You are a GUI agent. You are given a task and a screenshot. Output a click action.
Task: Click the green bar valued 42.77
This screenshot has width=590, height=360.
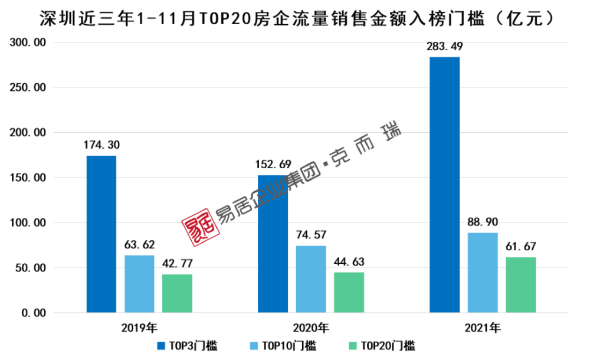click(x=178, y=293)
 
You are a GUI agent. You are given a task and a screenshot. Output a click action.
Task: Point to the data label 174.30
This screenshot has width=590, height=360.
click(x=101, y=145)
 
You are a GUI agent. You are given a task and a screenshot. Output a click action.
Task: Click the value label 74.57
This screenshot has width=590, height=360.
click(x=311, y=235)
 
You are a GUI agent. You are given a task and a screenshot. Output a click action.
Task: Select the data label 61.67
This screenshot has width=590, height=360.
click(x=521, y=247)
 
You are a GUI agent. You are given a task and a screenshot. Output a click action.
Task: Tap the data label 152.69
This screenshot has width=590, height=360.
click(x=273, y=165)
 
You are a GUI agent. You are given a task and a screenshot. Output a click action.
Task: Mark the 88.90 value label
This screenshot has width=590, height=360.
click(x=483, y=222)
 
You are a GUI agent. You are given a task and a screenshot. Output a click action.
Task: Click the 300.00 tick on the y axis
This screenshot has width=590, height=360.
click(x=28, y=42)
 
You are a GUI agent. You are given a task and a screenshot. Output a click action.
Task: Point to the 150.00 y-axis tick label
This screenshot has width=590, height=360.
click(x=28, y=178)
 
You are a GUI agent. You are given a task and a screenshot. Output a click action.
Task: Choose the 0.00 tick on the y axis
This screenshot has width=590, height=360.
click(x=32, y=313)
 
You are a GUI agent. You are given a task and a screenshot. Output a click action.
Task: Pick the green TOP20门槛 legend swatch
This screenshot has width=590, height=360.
click(x=353, y=346)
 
